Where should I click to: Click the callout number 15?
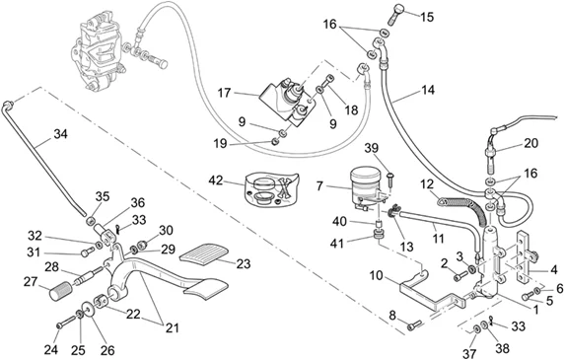(x=427, y=17)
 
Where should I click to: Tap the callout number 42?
(x=216, y=180)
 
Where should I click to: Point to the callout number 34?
(x=60, y=134)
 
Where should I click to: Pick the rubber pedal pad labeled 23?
(x=203, y=255)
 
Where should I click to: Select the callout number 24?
(x=51, y=349)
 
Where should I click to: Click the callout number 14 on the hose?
(x=428, y=90)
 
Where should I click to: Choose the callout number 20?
(x=531, y=143)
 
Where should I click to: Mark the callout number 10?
(x=377, y=275)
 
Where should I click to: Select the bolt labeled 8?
(x=414, y=325)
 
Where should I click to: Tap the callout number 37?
(x=470, y=353)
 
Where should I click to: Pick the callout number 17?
(x=224, y=93)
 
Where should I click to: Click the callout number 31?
(x=34, y=252)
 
